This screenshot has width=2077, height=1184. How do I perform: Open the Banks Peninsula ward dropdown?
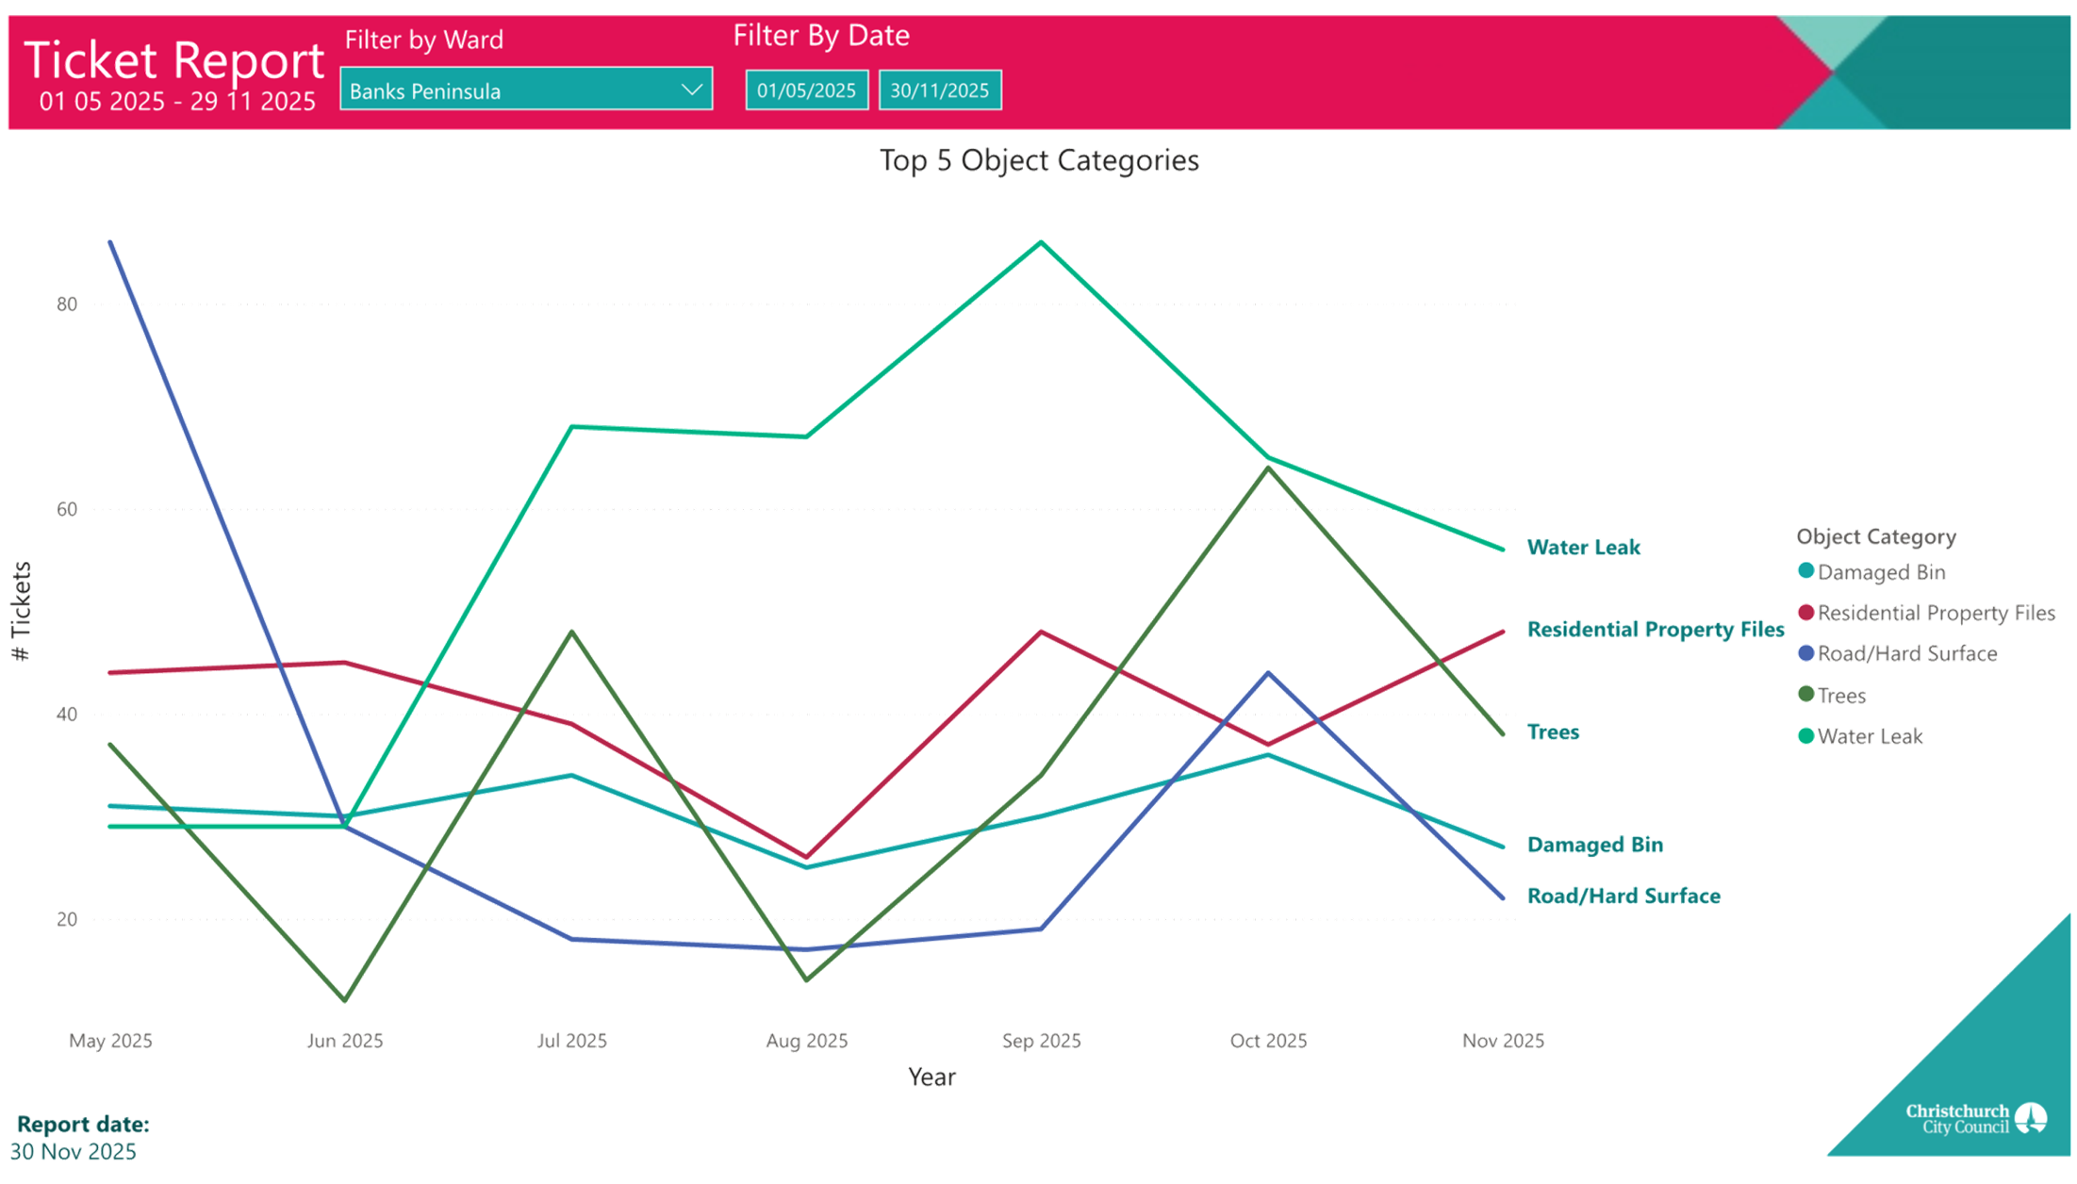[x=525, y=90]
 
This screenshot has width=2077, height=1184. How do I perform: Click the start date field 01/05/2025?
[x=806, y=90]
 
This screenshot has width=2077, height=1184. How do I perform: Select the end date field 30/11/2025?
[x=940, y=90]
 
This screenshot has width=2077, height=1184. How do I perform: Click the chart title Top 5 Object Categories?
[x=1038, y=160]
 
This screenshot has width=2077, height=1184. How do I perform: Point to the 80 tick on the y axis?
[x=66, y=304]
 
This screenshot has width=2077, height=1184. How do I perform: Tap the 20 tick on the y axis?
[x=66, y=919]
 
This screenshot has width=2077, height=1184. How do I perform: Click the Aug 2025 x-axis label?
[x=806, y=1041]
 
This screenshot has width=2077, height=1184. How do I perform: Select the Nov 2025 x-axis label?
[x=1503, y=1041]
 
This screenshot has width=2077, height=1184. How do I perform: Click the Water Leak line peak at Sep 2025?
[x=1041, y=242]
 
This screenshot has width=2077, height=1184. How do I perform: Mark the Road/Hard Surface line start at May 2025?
[x=110, y=242]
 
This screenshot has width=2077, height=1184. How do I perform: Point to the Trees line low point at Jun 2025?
[x=345, y=1000]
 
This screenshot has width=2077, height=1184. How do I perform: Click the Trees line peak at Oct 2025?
[x=1269, y=468]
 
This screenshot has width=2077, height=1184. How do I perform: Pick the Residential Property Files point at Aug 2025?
[x=806, y=857]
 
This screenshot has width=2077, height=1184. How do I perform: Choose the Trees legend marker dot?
[x=1806, y=695]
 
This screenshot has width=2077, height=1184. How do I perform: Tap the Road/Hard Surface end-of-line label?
[x=1624, y=896]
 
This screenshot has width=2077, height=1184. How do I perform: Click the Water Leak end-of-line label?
[x=1584, y=548]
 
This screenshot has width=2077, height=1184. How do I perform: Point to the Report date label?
[x=83, y=1124]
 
